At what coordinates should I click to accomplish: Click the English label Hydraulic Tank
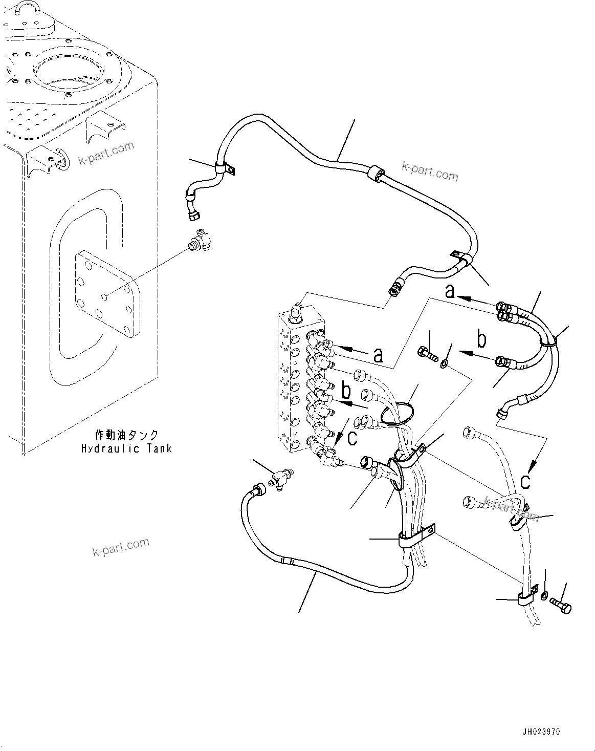click(x=126, y=448)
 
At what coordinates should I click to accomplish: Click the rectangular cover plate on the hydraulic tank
click(x=106, y=295)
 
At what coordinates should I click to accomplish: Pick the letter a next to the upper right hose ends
click(x=450, y=291)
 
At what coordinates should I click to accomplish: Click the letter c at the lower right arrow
click(x=525, y=481)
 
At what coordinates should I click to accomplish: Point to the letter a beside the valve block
click(x=378, y=354)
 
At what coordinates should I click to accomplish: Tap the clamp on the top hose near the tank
click(x=223, y=168)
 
